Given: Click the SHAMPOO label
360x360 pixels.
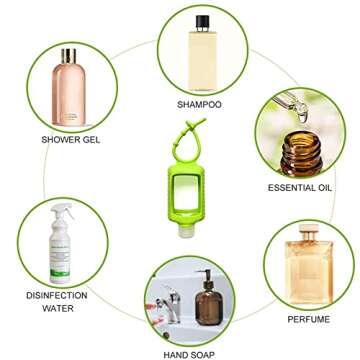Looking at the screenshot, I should pos(199,104).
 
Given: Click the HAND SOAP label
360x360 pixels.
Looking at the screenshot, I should pos(191,353).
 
